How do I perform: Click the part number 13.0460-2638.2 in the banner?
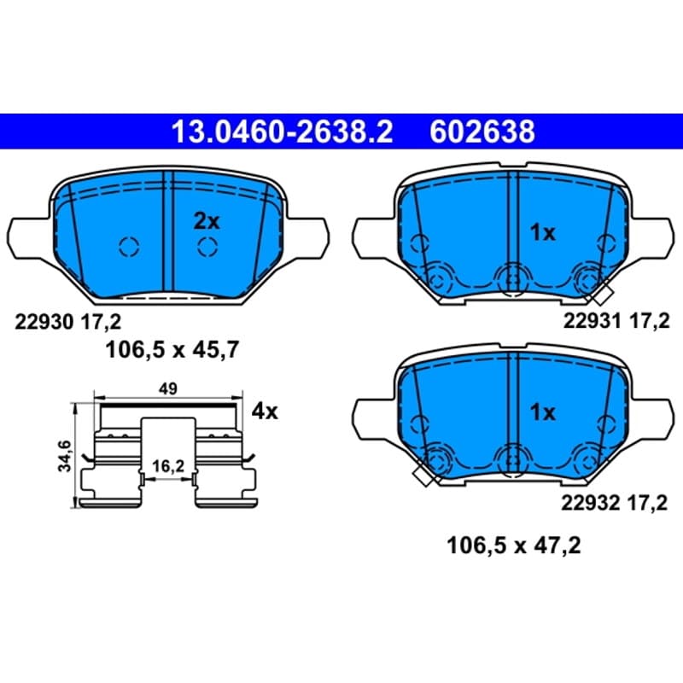click(283, 131)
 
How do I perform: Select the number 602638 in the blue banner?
click(482, 131)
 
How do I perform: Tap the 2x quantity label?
click(207, 221)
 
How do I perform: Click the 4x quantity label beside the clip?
click(265, 412)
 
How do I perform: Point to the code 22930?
click(44, 323)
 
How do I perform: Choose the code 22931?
click(592, 321)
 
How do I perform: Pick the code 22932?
click(590, 503)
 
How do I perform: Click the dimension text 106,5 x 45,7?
click(172, 350)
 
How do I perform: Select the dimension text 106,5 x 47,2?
click(514, 546)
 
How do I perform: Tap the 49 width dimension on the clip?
click(168, 388)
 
